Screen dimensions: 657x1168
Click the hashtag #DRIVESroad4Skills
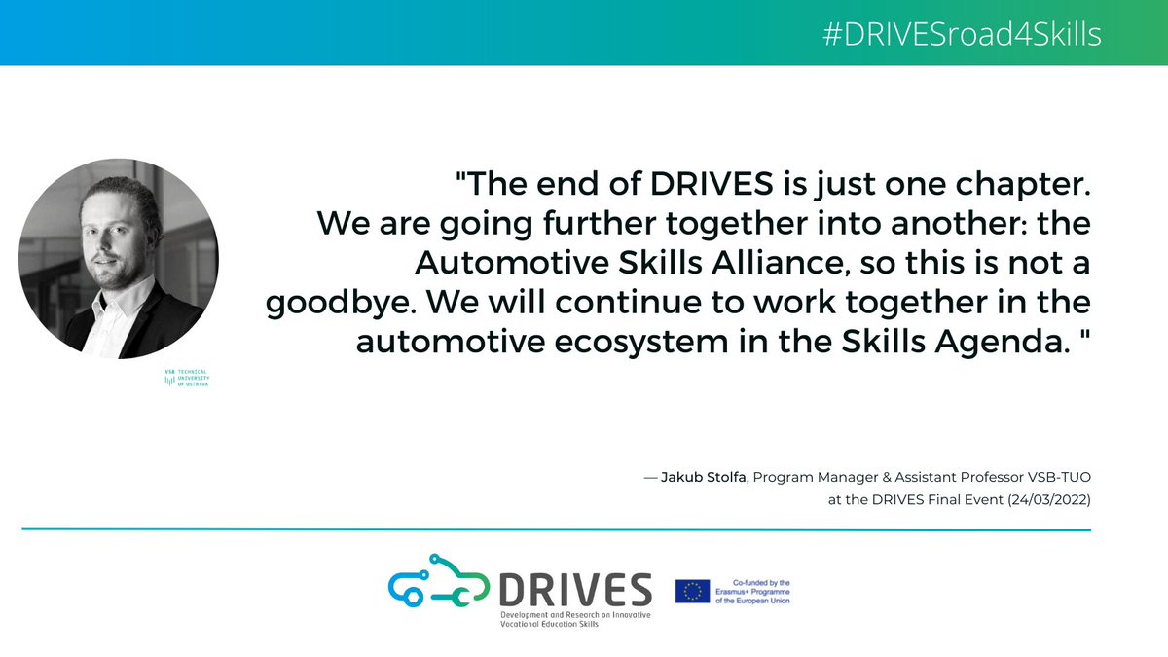[x=962, y=35]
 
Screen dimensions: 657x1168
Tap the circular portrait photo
[x=119, y=258]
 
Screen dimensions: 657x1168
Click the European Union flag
[x=692, y=591]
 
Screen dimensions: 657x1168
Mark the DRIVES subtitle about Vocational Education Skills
[x=576, y=620]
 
